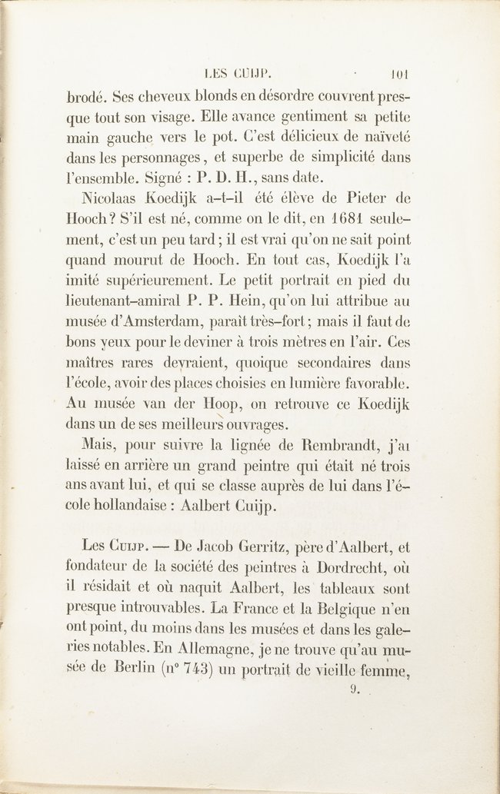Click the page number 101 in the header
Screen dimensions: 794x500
pos(400,76)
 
